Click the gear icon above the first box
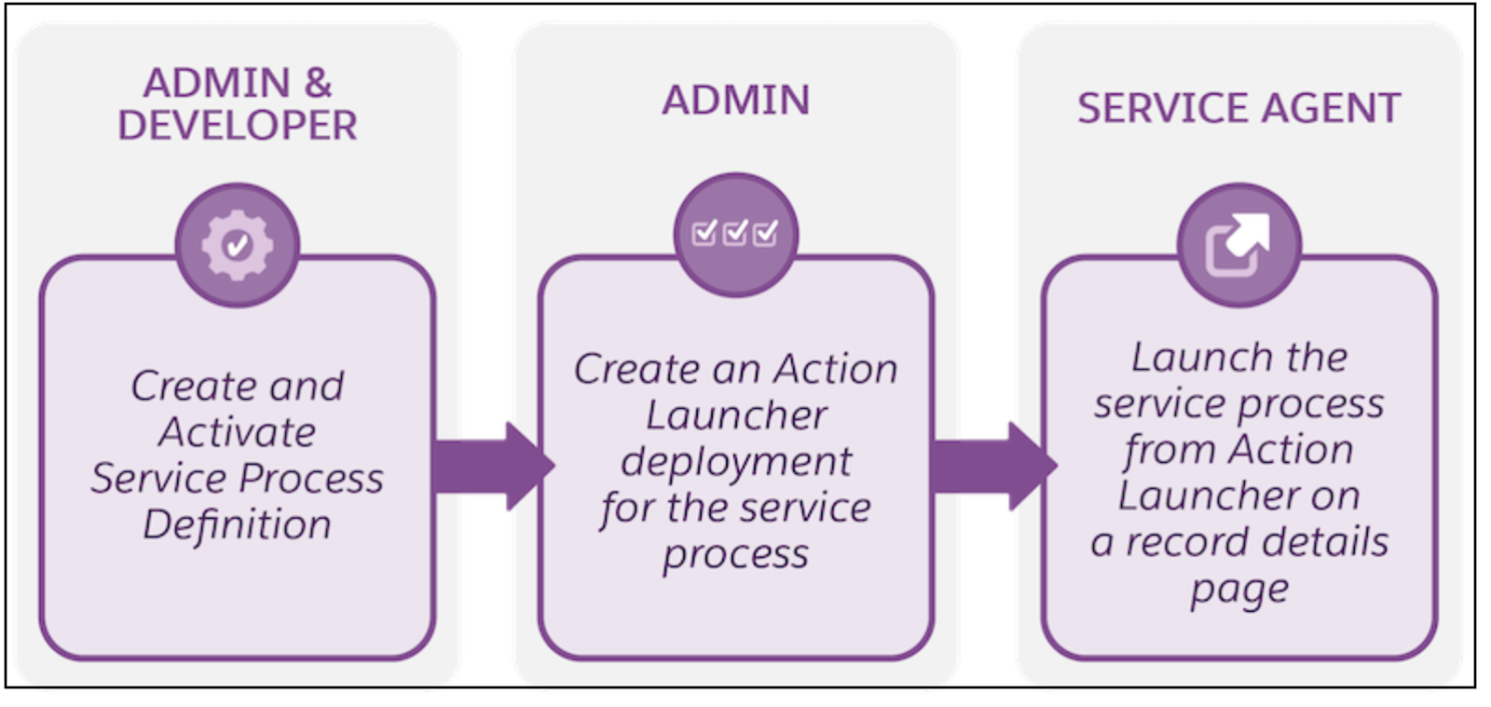click(x=238, y=245)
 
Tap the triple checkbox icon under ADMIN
click(x=735, y=234)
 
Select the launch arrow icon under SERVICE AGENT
click(x=1238, y=244)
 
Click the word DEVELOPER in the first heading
click(x=238, y=126)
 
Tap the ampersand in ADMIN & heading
click(x=318, y=83)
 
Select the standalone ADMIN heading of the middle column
click(x=735, y=101)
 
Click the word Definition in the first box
click(x=238, y=524)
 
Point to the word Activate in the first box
click(x=238, y=432)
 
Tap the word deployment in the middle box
click(x=735, y=462)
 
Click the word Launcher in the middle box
click(x=735, y=415)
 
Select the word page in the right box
click(x=1238, y=590)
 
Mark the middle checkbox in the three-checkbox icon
click(x=735, y=233)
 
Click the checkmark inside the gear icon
click(x=238, y=245)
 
